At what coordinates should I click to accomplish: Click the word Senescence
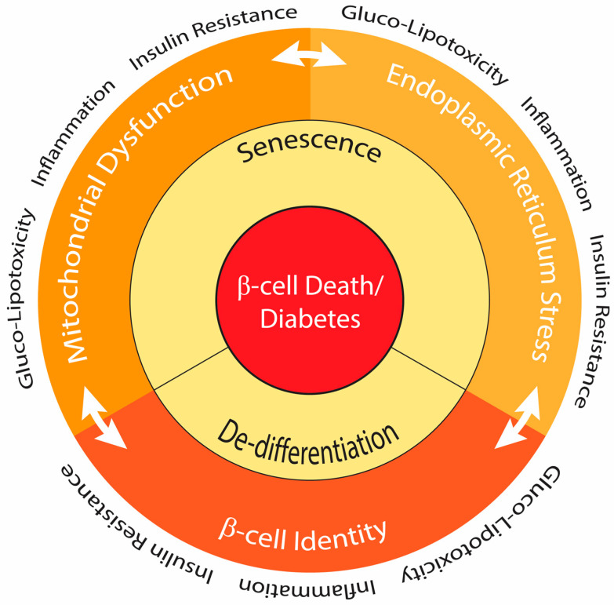coord(309,148)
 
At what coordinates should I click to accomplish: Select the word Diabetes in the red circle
coord(310,319)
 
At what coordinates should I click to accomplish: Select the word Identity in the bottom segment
coord(340,536)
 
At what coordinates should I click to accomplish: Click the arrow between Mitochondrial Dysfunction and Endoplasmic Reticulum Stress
coord(309,56)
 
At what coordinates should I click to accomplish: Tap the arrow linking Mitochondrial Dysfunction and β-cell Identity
coord(104,417)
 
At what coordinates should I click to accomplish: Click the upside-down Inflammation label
coord(307,586)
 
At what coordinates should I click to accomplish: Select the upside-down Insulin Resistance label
coord(137,524)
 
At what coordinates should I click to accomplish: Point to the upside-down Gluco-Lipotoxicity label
coord(482,524)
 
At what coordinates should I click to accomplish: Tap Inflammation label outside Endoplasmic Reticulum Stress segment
coord(557,154)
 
